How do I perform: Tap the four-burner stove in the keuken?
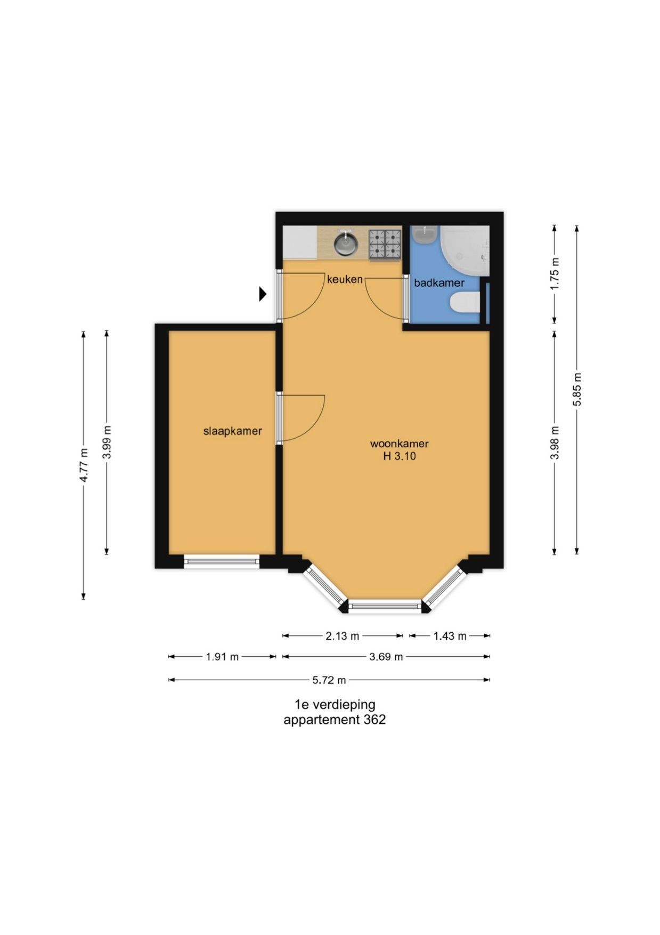[x=385, y=245]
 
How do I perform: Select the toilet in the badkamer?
[x=465, y=304]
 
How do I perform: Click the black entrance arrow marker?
[x=263, y=294]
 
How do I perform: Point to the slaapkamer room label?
[x=233, y=431]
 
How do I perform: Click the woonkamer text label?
[x=400, y=444]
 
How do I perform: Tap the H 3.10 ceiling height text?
[x=399, y=456]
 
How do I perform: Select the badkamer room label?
[x=439, y=283]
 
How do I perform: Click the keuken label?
[x=345, y=279]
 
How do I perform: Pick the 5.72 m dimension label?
[x=329, y=680]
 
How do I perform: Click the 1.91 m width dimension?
[x=222, y=657]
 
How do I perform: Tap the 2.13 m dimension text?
[x=343, y=636]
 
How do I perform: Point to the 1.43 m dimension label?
[x=450, y=636]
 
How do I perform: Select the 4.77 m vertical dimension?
[x=84, y=465]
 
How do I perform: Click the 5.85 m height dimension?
[x=577, y=389]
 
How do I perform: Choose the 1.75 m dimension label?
[x=555, y=273]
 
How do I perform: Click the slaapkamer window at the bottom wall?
[x=222, y=561]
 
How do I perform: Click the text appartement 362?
[x=335, y=720]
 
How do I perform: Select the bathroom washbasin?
[x=425, y=235]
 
